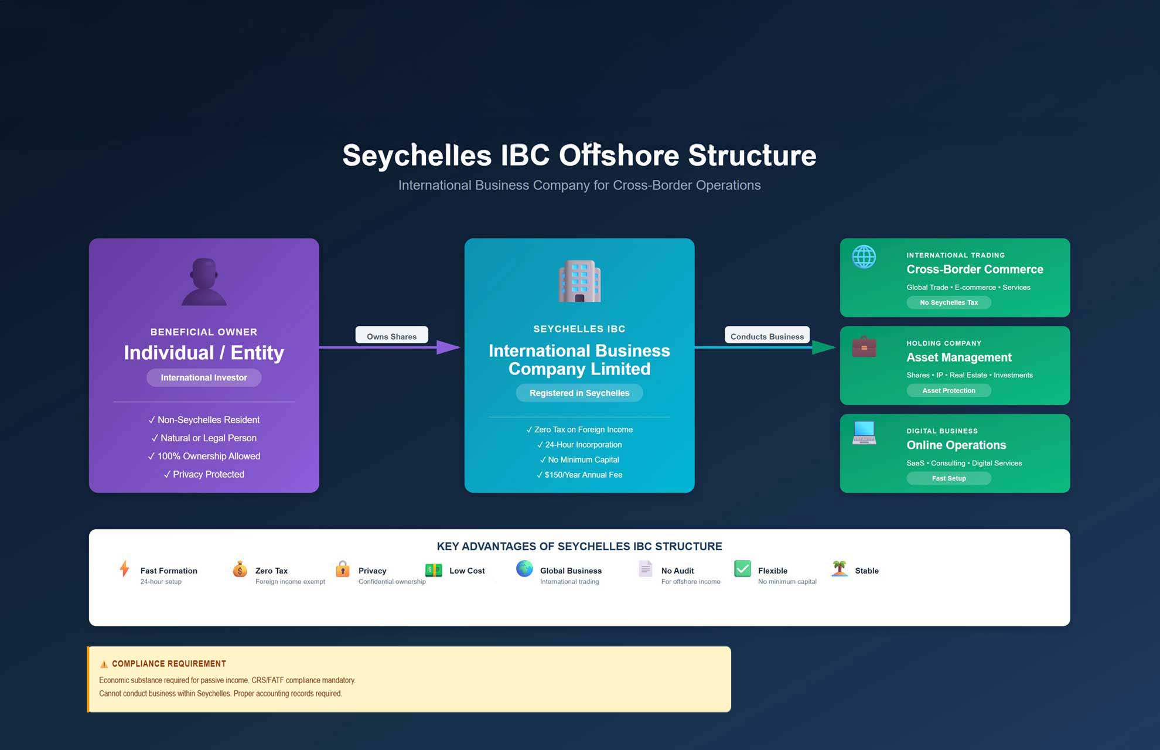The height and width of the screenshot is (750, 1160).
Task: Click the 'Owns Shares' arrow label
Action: point(391,336)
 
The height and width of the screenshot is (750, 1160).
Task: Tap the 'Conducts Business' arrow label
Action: point(767,336)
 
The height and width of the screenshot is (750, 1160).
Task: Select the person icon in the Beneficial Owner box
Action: point(204,282)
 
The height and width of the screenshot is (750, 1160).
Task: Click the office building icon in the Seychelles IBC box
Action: point(579,281)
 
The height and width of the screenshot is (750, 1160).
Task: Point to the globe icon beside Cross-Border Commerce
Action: point(864,257)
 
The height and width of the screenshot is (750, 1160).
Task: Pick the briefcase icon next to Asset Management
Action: point(864,347)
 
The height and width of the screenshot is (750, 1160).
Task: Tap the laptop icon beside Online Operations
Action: point(864,433)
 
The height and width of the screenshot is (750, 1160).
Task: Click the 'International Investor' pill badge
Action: point(204,378)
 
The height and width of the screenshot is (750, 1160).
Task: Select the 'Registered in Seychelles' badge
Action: point(579,393)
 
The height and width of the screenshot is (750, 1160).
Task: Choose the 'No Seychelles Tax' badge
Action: point(949,303)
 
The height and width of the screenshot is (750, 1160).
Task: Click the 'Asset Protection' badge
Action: point(949,391)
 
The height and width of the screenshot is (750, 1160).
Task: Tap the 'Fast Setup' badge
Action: point(949,479)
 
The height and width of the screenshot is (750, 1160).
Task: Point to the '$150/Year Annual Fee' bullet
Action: point(579,475)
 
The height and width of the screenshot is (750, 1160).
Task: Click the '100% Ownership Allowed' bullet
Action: point(204,456)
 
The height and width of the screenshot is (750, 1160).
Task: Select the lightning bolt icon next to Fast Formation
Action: point(124,569)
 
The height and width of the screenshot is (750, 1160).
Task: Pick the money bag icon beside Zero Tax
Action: point(240,569)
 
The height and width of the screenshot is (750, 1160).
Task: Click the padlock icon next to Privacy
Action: point(343,569)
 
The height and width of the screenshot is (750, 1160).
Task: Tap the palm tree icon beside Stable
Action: point(840,568)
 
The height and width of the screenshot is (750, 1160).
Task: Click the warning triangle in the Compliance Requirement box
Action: point(104,664)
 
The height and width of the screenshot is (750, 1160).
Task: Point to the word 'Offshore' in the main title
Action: point(619,156)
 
